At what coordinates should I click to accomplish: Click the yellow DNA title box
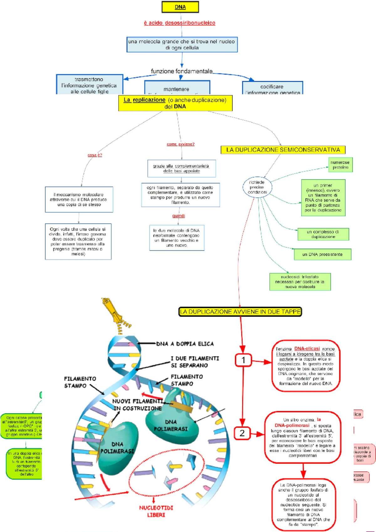pyautogui.click(x=180, y=7)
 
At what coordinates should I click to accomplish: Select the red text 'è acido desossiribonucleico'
pyautogui.click(x=180, y=23)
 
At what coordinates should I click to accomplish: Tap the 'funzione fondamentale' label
pyautogui.click(x=182, y=71)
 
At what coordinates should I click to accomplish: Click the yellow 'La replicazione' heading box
pyautogui.click(x=175, y=103)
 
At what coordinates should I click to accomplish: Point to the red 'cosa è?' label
pyautogui.click(x=95, y=155)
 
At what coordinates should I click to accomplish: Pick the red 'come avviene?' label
pyautogui.click(x=180, y=144)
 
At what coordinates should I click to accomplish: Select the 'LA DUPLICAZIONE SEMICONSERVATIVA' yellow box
pyautogui.click(x=283, y=150)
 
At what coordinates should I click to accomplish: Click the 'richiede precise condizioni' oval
pyautogui.click(x=257, y=187)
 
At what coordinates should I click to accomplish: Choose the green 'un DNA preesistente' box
pyautogui.click(x=322, y=254)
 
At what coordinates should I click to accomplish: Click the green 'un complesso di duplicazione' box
pyautogui.click(x=323, y=234)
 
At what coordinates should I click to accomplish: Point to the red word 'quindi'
pyautogui.click(x=179, y=216)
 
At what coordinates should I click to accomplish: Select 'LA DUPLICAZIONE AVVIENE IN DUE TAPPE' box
pyautogui.click(x=240, y=312)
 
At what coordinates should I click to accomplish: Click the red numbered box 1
pyautogui.click(x=243, y=360)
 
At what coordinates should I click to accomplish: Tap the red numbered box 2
pyautogui.click(x=242, y=433)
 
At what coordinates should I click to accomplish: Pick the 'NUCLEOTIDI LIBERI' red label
pyautogui.click(x=156, y=511)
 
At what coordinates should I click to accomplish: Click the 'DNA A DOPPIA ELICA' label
pyautogui.click(x=185, y=344)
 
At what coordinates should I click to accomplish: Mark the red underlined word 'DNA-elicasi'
pyautogui.click(x=307, y=349)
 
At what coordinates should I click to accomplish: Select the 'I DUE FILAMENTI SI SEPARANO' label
pyautogui.click(x=195, y=362)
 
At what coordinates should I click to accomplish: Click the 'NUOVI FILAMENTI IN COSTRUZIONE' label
pyautogui.click(x=137, y=405)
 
